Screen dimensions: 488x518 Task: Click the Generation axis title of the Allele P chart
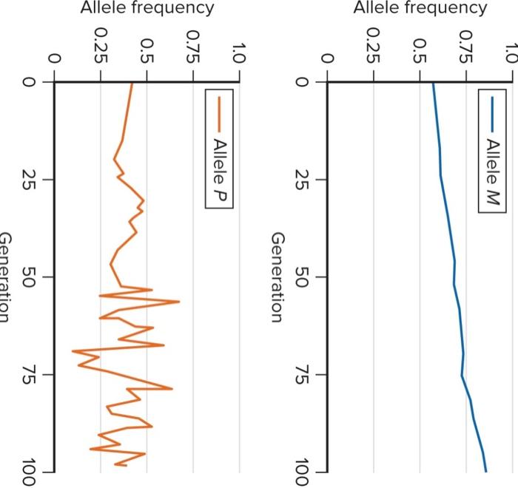[x=6, y=277]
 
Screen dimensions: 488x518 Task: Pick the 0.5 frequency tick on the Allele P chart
[x=146, y=55]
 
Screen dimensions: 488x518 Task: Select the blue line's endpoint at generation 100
[x=486, y=471]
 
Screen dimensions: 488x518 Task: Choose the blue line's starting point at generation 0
[x=432, y=83]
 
